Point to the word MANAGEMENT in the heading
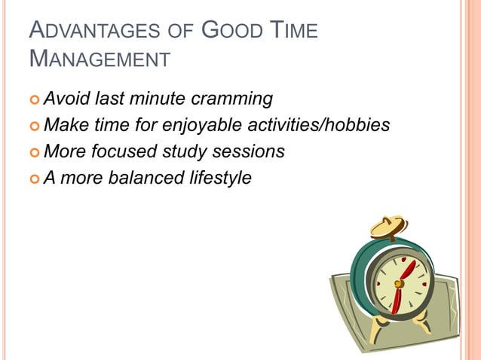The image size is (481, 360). [x=97, y=59]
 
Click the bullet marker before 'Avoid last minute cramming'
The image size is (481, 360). [x=35, y=99]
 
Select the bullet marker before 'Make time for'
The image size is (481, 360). [x=35, y=126]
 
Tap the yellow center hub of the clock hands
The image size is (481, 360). [x=399, y=283]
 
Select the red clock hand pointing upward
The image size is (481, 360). [x=408, y=267]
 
